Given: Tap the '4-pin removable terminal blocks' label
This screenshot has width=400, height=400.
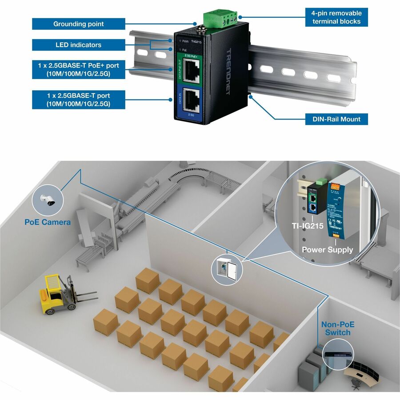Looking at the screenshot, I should point(336,17).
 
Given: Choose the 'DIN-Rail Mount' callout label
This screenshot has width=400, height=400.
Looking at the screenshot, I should point(333,119).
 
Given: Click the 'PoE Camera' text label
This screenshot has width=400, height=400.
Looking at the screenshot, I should point(47,221).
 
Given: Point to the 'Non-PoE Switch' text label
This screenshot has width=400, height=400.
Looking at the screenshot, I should point(338,328).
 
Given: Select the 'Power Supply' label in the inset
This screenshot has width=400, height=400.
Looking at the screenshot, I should point(327,249).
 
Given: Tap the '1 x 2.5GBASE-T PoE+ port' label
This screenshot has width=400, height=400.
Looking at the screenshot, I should point(78,70).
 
